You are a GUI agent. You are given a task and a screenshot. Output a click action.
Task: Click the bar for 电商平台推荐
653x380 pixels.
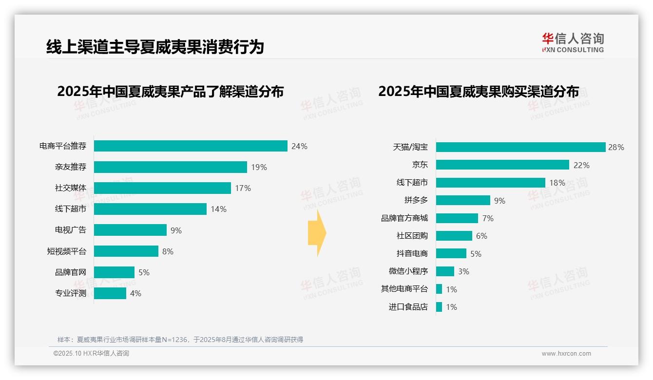[x=191, y=146]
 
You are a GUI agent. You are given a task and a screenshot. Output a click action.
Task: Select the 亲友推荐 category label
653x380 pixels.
[x=70, y=167]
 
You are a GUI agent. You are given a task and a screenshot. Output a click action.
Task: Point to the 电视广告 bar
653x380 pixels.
[x=130, y=230]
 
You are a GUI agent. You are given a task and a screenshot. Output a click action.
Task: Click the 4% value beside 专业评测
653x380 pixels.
[x=135, y=293]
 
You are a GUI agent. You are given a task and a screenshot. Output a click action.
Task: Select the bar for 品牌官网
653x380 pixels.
[x=114, y=272]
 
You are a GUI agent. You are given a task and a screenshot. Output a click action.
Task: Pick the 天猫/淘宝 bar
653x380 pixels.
[x=520, y=147]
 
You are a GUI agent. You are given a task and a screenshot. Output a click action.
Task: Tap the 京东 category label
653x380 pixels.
[x=420, y=165]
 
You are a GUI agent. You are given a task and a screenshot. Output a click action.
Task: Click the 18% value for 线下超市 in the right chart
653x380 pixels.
[x=557, y=183]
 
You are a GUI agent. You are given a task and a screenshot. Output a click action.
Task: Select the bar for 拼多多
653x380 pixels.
[x=463, y=200]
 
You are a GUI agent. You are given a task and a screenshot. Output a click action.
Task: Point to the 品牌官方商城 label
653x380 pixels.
[x=404, y=218]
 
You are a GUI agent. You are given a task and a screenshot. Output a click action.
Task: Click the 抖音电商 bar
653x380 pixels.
[x=451, y=253]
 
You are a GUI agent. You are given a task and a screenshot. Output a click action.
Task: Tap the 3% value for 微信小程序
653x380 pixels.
[x=463, y=271]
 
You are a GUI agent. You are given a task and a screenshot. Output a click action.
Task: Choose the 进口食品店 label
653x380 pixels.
[x=408, y=307]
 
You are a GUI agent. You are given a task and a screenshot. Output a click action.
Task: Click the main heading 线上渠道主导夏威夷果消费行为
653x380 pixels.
[x=155, y=47]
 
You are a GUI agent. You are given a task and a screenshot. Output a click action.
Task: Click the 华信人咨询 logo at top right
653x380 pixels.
[x=573, y=42]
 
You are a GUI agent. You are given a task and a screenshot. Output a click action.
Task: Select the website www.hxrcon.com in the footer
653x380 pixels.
[x=566, y=354]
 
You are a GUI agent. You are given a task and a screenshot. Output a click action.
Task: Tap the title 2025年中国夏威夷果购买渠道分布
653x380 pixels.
[x=478, y=92]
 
